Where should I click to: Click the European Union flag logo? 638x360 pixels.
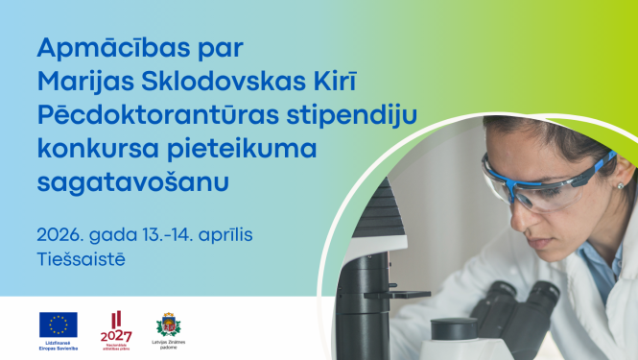[59, 324]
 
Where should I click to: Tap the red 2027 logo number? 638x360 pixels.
[117, 335]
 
